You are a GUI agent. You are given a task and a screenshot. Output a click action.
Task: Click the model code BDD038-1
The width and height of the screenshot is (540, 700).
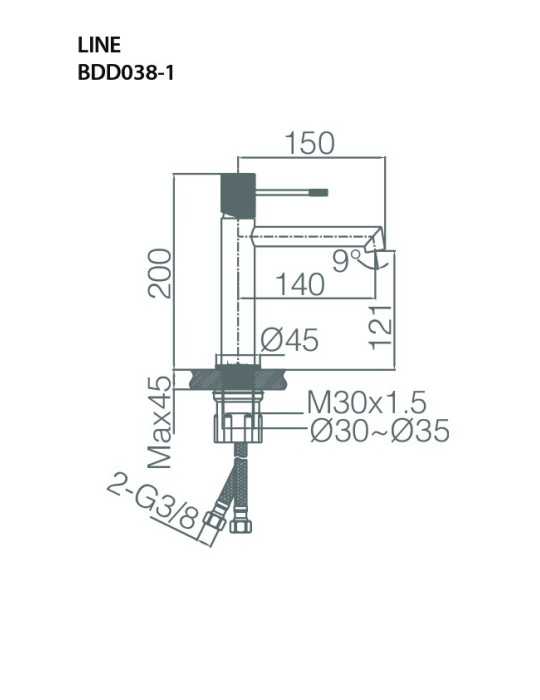(x=125, y=72)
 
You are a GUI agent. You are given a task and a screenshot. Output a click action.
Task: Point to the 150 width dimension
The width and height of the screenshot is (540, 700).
(x=310, y=144)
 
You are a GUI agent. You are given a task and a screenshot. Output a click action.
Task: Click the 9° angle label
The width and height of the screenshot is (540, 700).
(x=347, y=262)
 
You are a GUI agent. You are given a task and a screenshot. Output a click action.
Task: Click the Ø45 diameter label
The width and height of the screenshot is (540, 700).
(x=289, y=342)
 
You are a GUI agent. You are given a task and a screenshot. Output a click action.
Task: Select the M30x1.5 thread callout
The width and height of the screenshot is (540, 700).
(x=366, y=403)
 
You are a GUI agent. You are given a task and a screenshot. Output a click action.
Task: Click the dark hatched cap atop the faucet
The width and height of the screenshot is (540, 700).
(x=235, y=190)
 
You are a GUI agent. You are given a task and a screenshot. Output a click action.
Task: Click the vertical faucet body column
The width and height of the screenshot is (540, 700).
(x=235, y=290)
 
